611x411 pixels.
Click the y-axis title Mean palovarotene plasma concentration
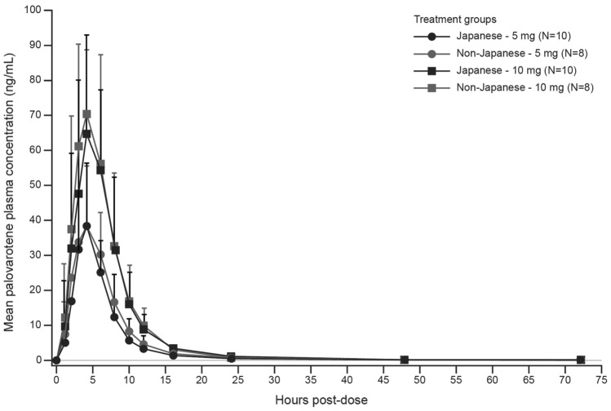point(11,186)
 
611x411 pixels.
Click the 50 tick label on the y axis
point(37,185)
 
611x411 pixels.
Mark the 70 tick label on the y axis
point(37,115)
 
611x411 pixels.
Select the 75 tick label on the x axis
point(602,378)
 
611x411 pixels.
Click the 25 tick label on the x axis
point(237,378)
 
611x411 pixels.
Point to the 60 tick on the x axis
point(493,378)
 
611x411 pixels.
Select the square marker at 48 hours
point(405,360)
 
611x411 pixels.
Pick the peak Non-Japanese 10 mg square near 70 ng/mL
point(86,114)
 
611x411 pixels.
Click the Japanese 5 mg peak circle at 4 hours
point(86,226)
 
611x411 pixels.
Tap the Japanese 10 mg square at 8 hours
point(115,250)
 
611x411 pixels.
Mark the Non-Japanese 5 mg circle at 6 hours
point(100,254)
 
